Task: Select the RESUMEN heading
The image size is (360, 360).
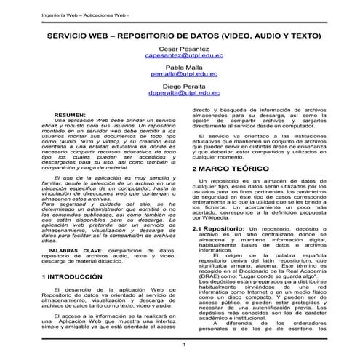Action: [70, 116]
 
